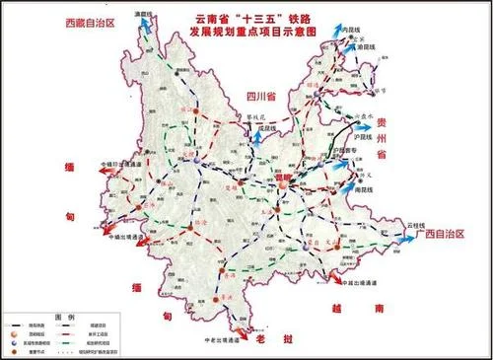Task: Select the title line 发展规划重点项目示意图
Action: [257, 32]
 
